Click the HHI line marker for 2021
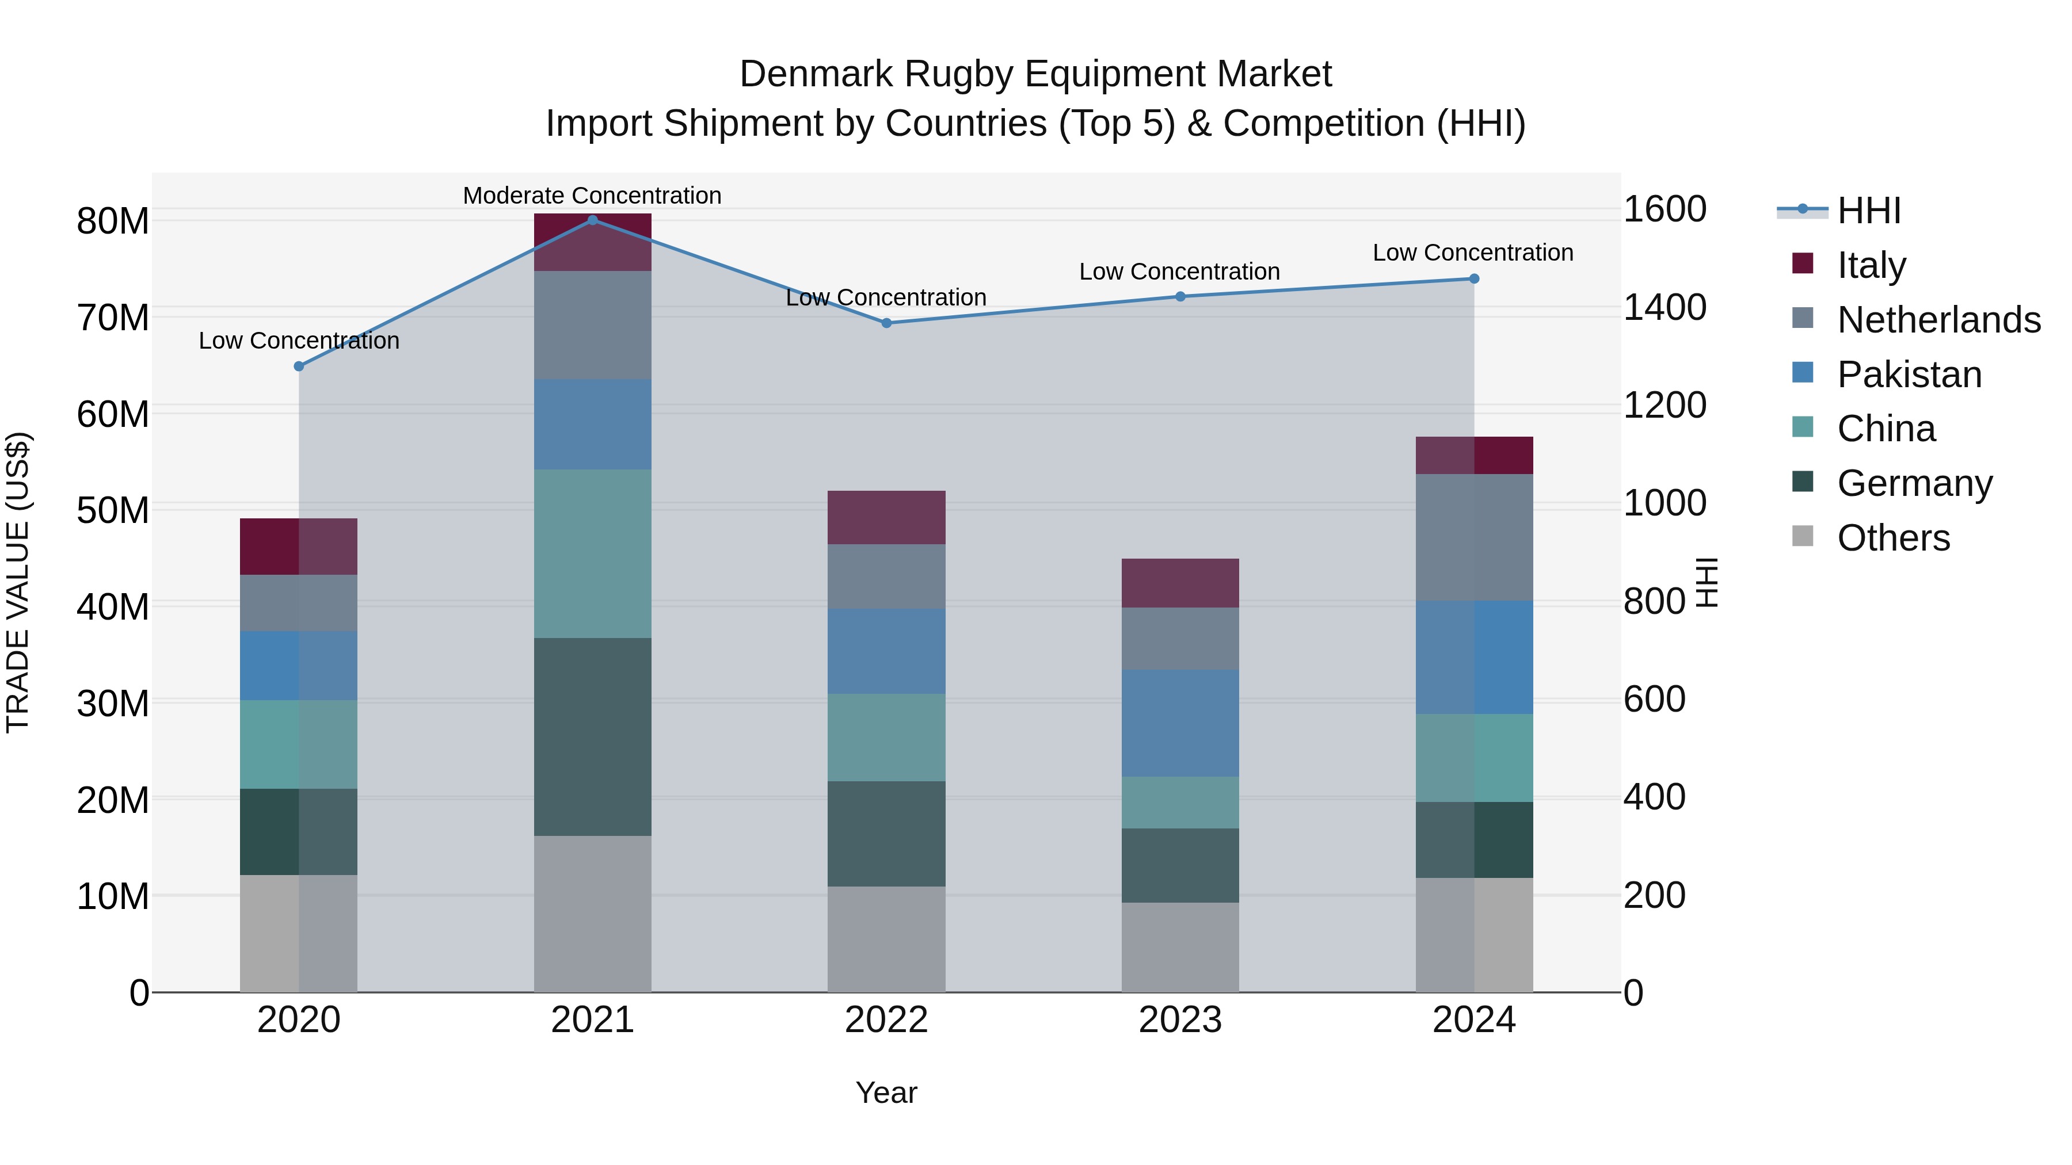(x=592, y=220)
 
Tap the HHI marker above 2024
(x=1473, y=279)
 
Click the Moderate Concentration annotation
(x=592, y=196)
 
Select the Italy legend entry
(x=1871, y=265)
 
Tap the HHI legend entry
(x=1868, y=211)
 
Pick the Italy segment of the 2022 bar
(x=886, y=517)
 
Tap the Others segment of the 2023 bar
(x=1180, y=947)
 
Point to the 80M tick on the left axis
(x=113, y=221)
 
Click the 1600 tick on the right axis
(x=1664, y=209)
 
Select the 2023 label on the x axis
(x=1180, y=1020)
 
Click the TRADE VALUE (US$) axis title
(x=18, y=582)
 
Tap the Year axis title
(x=886, y=1093)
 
